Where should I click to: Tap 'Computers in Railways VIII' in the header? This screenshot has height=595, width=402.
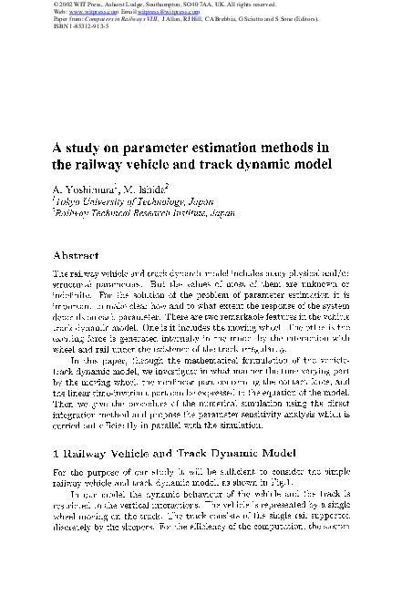coord(130,19)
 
